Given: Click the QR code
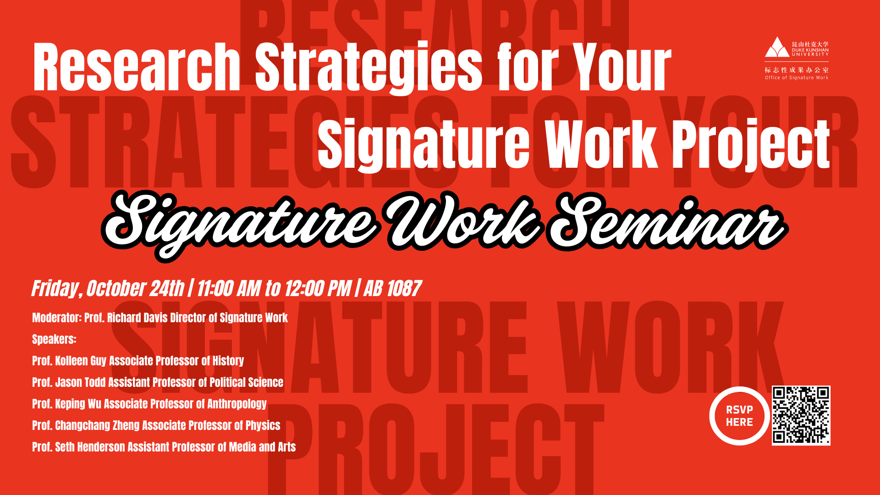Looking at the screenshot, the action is [801, 415].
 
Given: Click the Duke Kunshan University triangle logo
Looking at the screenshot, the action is [776, 47].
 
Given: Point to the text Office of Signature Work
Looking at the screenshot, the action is [797, 78].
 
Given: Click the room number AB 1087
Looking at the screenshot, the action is [392, 289].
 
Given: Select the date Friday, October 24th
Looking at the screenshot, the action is [108, 289].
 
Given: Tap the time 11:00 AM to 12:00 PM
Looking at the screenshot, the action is [274, 289].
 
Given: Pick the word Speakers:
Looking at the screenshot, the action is [54, 339].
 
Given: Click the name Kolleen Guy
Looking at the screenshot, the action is [81, 361].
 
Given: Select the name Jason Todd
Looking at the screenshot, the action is [80, 382].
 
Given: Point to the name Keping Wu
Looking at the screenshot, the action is [78, 404].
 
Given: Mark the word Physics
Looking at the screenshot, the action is [263, 425].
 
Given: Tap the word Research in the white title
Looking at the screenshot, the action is [137, 68].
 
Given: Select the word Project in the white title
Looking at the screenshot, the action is [752, 144].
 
